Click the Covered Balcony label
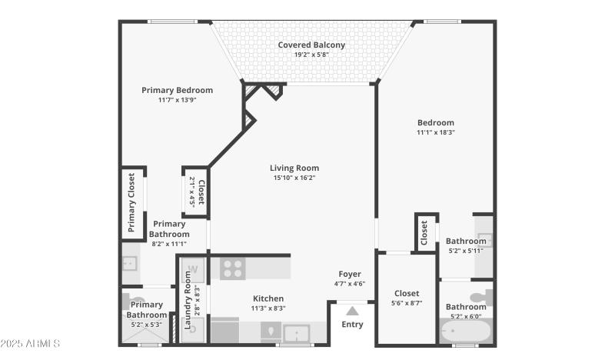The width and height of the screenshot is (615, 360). [x=311, y=45]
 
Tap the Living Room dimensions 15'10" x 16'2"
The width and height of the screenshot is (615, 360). [x=293, y=178]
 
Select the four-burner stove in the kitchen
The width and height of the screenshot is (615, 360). [x=232, y=268]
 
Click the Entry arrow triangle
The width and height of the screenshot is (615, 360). [x=352, y=311]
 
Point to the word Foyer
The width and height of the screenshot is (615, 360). [x=349, y=274]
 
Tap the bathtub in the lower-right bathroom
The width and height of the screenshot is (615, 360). [x=466, y=333]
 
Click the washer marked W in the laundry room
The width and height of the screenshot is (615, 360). [x=194, y=269]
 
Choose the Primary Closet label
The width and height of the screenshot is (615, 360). [x=131, y=202]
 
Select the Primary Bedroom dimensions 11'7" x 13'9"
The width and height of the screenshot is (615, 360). [x=177, y=100]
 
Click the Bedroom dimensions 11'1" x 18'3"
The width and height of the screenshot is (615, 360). [x=436, y=132]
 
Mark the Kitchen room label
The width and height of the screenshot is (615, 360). [x=268, y=298]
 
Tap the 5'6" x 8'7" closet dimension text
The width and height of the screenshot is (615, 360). [x=407, y=303]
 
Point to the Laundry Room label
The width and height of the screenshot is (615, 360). [x=188, y=301]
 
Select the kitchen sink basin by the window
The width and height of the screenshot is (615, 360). [x=295, y=333]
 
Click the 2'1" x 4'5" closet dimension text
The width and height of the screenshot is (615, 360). [x=192, y=193]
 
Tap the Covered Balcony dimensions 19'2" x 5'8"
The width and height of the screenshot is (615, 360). [x=311, y=55]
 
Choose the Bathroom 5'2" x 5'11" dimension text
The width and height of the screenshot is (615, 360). [x=466, y=251]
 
